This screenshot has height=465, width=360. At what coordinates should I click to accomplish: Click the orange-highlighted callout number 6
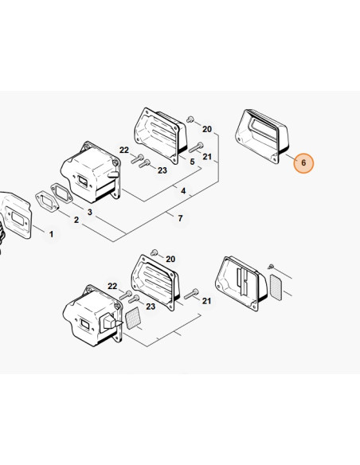click(x=303, y=162)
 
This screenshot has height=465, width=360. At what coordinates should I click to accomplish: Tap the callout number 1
click(x=51, y=234)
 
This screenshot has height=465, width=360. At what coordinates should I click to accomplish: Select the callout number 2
click(x=76, y=220)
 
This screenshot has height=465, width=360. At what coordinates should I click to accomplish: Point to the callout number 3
click(x=89, y=212)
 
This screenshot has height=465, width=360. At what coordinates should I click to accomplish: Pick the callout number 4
click(x=183, y=190)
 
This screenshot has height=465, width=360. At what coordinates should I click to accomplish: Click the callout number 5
click(x=192, y=162)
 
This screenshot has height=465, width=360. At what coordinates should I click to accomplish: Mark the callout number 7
click(x=180, y=218)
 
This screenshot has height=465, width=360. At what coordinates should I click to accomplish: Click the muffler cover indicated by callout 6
click(x=261, y=136)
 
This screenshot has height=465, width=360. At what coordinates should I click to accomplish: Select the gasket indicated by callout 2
click(x=47, y=202)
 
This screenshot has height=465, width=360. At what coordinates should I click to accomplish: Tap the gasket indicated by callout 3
click(x=62, y=193)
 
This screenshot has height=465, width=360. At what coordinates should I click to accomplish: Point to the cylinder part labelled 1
click(x=15, y=216)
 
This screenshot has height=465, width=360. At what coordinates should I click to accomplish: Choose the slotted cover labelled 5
click(x=160, y=135)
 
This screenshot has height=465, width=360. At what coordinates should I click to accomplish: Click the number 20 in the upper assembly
click(x=207, y=129)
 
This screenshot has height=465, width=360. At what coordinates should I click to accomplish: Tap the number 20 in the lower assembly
click(x=170, y=260)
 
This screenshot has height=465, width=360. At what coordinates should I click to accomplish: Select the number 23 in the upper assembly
click(x=162, y=170)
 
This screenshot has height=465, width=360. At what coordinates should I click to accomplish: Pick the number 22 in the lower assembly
click(x=112, y=286)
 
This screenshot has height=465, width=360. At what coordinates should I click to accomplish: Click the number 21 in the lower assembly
click(x=206, y=301)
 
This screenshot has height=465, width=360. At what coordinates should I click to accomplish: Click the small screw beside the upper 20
click(x=190, y=119)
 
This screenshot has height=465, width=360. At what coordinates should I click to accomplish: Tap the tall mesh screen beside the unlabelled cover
click(x=276, y=287)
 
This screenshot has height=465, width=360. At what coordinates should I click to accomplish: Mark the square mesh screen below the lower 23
click(x=132, y=318)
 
